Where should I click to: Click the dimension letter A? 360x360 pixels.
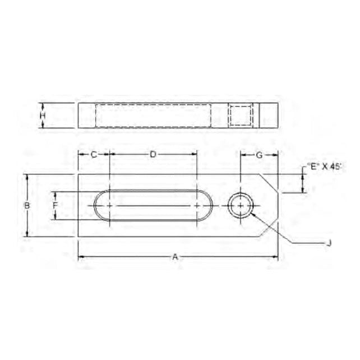(175, 257)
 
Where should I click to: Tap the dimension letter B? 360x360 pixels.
(26, 206)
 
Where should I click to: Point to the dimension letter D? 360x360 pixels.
(153, 154)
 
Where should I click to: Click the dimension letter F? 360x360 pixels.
(55, 206)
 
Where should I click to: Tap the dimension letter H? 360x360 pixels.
(43, 116)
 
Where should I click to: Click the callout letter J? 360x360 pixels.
(329, 243)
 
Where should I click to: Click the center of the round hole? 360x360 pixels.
(241, 206)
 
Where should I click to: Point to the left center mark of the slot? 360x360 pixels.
(109, 206)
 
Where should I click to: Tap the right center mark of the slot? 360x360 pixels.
(197, 206)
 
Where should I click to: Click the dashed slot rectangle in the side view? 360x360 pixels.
(153, 116)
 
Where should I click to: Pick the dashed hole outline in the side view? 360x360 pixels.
(241, 116)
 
